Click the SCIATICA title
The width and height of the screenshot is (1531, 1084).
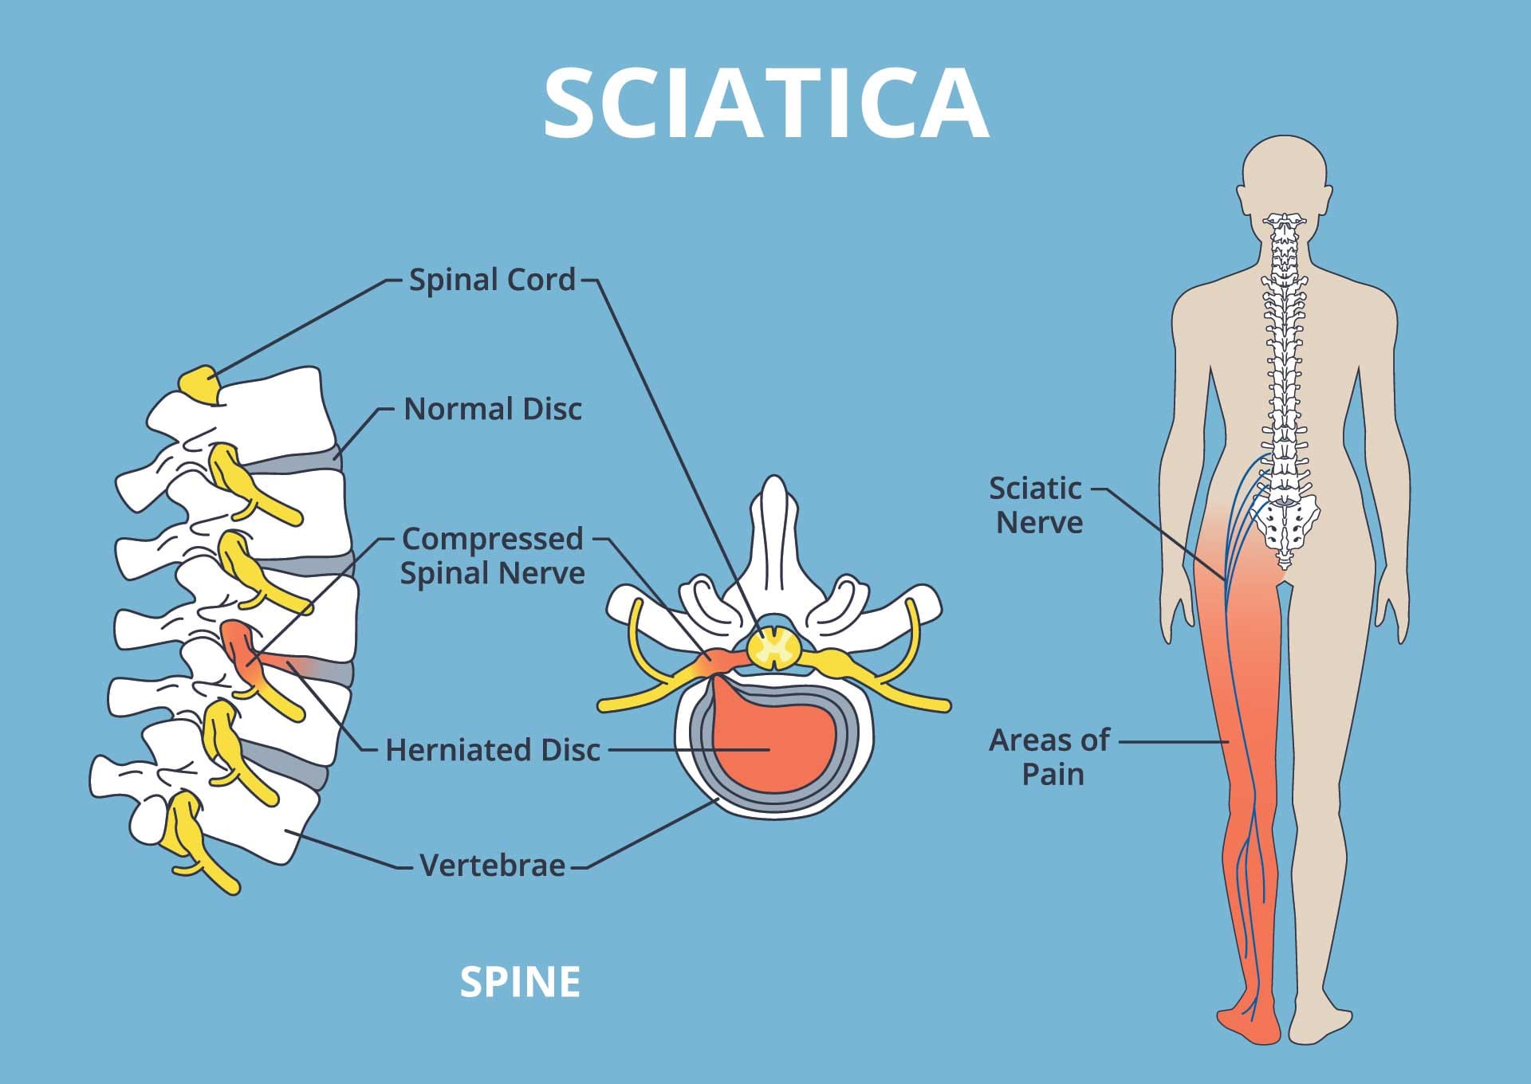coord(765,104)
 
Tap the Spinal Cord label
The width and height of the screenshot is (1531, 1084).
coord(492,280)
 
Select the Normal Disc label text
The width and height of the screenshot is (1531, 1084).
coord(493,409)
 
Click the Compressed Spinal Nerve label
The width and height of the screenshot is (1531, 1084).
coord(493,556)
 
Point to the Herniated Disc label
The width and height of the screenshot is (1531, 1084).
coord(493,750)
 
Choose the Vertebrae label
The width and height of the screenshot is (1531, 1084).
coord(493,865)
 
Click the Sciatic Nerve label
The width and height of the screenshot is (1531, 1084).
coord(1037,505)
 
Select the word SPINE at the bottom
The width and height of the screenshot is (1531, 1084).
coord(520,982)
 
